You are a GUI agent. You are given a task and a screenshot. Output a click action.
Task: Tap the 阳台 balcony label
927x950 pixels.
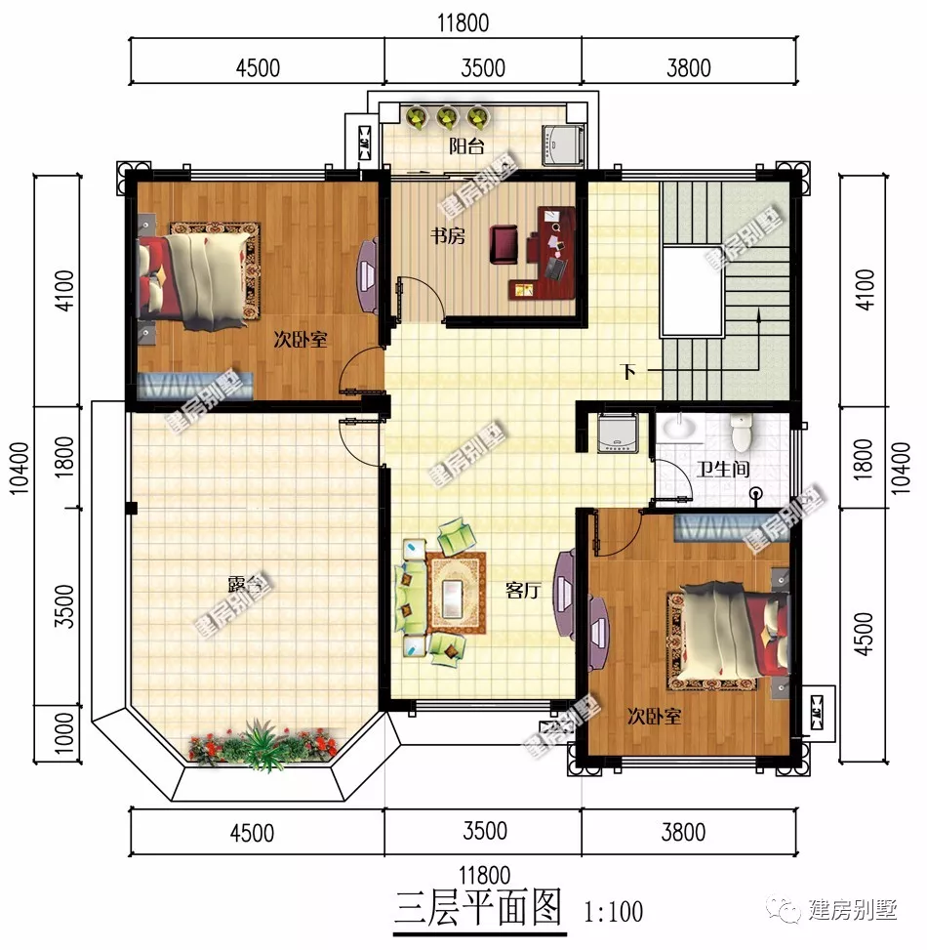[465, 147]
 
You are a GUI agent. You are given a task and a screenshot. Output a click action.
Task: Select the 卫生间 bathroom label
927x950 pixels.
[722, 470]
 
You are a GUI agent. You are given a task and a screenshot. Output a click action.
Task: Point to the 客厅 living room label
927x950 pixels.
[523, 591]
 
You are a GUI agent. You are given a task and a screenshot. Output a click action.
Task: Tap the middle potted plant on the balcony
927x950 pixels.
[447, 118]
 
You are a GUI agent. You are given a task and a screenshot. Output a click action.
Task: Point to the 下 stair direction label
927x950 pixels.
[629, 372]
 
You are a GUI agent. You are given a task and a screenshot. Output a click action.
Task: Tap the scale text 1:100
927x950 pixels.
[614, 912]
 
